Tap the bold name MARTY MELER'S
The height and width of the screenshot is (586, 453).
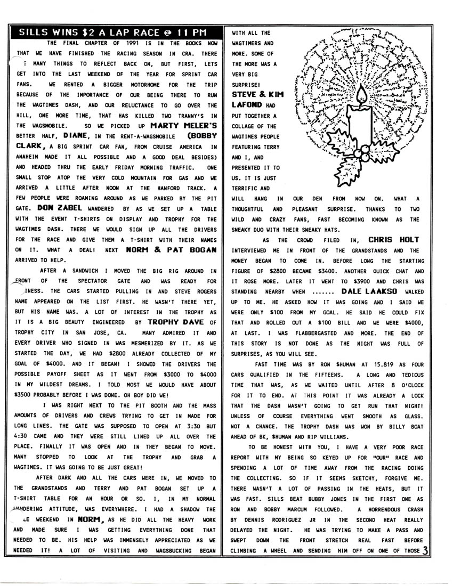point(184,126)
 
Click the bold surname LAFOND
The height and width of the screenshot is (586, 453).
point(247,105)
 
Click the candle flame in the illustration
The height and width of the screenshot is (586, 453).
point(365,96)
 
